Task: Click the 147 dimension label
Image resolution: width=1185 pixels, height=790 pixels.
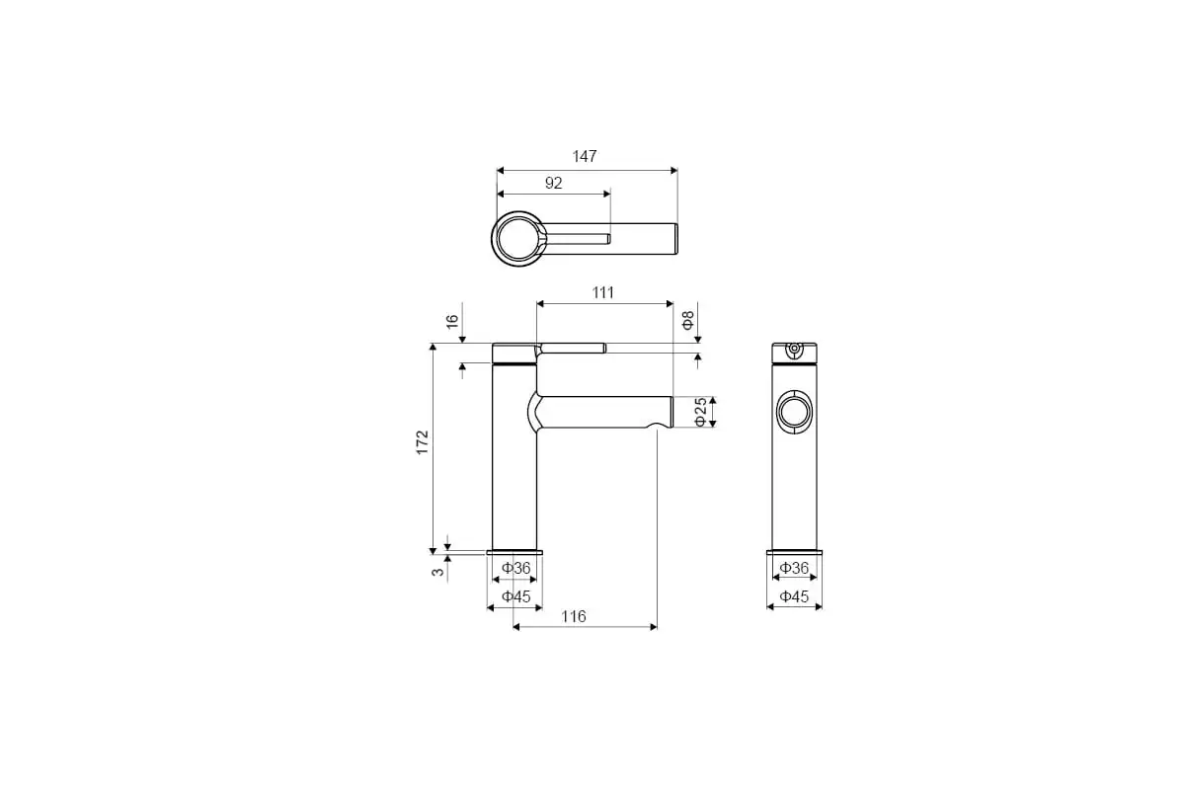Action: tap(585, 157)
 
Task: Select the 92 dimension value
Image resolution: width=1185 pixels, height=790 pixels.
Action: tap(553, 183)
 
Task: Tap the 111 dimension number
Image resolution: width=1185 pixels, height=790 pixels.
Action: tap(602, 292)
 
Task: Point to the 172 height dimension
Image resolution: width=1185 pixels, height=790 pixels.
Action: tap(423, 442)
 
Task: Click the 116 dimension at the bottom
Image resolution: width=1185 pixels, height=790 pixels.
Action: tap(574, 616)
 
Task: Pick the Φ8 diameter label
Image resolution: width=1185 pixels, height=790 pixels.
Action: tap(688, 321)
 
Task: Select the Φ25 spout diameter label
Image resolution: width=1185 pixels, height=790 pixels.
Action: tap(700, 412)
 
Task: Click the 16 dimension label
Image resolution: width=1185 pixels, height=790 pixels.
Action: tap(452, 321)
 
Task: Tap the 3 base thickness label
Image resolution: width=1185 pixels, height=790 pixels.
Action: tap(438, 572)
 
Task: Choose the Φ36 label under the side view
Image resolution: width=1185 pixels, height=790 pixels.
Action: tap(795, 568)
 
